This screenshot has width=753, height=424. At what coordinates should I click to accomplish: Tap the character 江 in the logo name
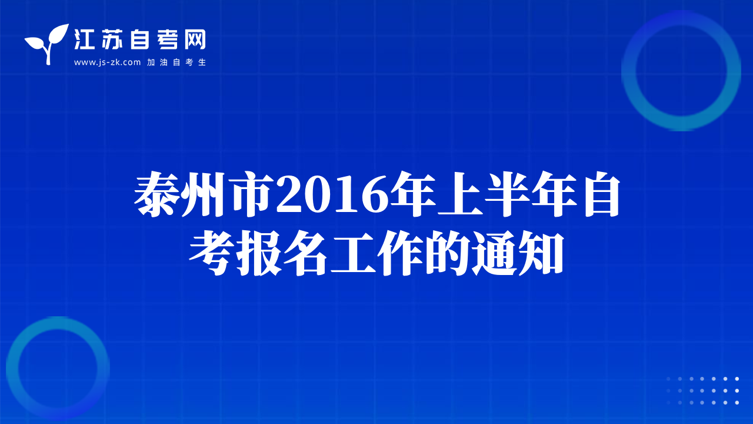coord(84,39)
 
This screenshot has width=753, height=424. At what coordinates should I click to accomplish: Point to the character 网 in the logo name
coord(195,39)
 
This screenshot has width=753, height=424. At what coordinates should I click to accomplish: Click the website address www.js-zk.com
coord(107,62)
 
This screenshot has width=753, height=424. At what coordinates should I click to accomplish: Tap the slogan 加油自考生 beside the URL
coord(176,62)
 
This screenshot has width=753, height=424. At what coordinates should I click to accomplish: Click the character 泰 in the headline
coord(156,194)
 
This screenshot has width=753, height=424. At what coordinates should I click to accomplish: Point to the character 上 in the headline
coord(460,194)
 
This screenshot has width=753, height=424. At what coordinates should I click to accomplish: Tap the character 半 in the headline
coord(507,194)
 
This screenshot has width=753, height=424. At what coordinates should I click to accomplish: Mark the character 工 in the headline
coord(352,253)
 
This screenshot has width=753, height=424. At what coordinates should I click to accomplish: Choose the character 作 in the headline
coord(399,253)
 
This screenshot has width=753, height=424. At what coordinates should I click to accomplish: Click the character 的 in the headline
coord(447,253)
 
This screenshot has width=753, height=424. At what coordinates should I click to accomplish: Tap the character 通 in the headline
coord(494,253)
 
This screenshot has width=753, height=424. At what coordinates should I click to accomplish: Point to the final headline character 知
coord(541,253)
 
